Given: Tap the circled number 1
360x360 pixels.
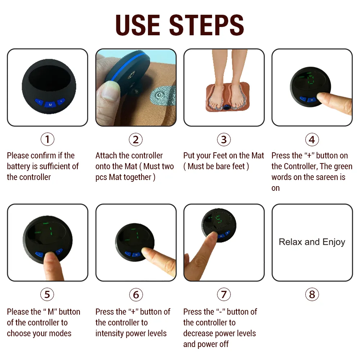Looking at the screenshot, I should click(x=47, y=139).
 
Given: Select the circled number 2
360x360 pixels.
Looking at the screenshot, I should click(x=136, y=139).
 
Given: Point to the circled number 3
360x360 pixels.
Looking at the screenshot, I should click(x=224, y=139).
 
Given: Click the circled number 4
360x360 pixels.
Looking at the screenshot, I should click(x=312, y=139).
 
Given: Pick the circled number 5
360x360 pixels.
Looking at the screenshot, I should click(x=47, y=294).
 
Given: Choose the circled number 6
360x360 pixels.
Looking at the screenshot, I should click(x=136, y=294).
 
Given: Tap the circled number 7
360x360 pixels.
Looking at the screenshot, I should click(x=224, y=294).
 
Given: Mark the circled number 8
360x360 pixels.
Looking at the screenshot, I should click(x=312, y=294).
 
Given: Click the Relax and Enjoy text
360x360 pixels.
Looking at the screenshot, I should click(x=312, y=242).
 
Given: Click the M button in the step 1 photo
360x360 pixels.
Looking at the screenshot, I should click(x=50, y=104).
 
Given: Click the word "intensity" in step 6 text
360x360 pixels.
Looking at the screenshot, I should click(x=111, y=333).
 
